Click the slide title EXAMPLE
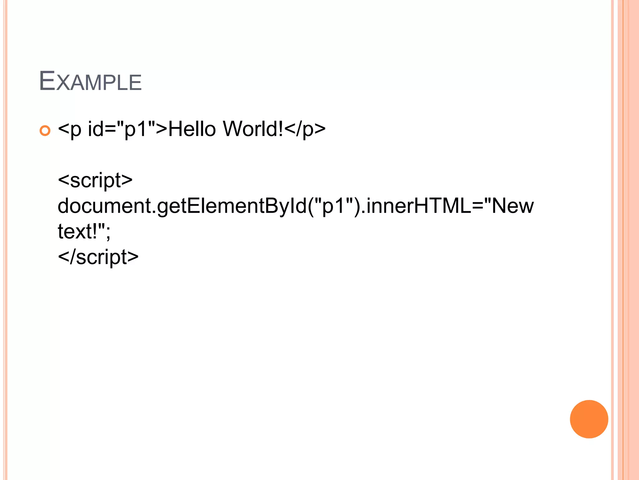pos(90,82)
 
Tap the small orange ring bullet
pos(45,130)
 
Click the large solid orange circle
pos(589,419)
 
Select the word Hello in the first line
pos(192,129)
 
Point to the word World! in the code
pos(253,129)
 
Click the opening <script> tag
pos(95,180)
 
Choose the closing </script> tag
pos(98,257)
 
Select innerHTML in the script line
pos(418,206)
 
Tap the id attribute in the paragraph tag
pos(95,129)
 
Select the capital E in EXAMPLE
pos(47,81)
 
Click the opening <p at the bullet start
pos(70,129)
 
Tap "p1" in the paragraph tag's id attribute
pos(136,129)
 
